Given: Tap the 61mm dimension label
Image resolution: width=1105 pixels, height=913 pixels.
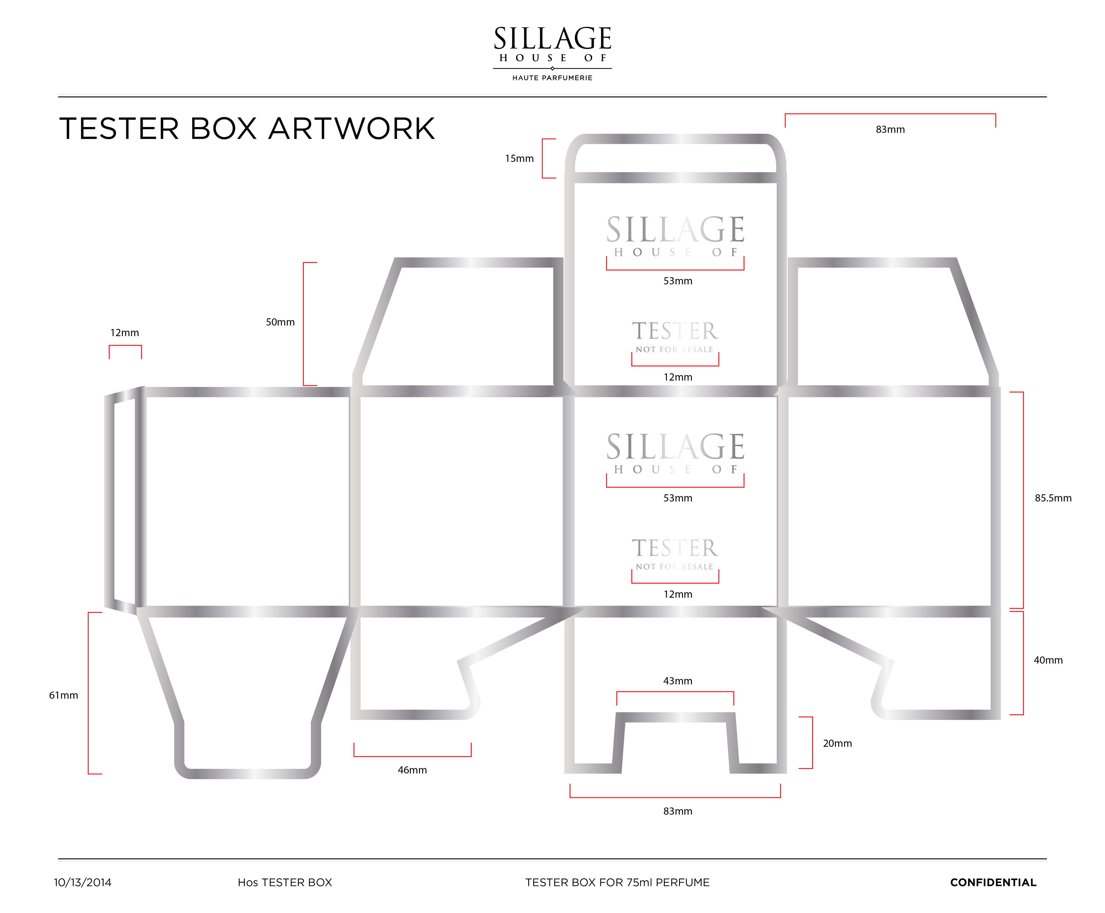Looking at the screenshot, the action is [64, 695].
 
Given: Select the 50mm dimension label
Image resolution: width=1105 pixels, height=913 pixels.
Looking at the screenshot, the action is [280, 322].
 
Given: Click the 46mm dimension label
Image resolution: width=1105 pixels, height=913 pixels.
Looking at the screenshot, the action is [412, 770].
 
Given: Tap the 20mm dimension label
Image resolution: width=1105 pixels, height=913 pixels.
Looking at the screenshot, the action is [837, 743].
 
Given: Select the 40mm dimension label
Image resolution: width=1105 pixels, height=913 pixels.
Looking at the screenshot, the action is [1048, 660].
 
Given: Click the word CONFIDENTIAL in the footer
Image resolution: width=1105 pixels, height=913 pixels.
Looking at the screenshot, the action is [993, 882].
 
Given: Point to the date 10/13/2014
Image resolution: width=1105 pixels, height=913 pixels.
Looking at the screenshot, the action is [83, 882].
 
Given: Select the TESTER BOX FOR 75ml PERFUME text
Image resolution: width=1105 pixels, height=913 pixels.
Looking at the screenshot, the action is [617, 882].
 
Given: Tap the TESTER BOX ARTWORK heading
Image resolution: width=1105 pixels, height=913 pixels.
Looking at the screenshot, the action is [247, 129].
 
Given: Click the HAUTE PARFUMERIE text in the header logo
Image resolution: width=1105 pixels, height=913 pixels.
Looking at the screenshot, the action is [552, 78].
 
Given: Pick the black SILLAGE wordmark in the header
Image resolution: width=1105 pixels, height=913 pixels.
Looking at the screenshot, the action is [552, 38].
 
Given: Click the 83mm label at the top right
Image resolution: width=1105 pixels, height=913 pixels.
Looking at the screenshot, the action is [890, 129].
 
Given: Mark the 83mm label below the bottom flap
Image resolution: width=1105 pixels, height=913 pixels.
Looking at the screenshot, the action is [678, 811].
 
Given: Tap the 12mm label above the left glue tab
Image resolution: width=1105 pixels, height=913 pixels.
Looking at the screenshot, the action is [125, 333].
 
